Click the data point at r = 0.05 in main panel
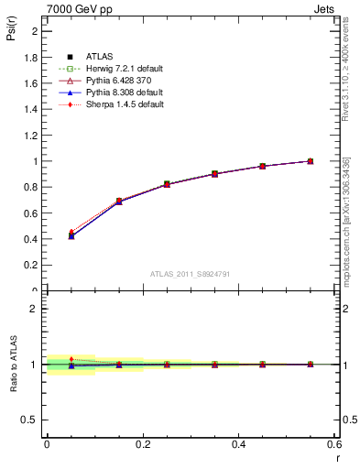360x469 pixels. (x=71, y=235)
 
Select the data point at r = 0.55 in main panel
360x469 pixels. (x=311, y=161)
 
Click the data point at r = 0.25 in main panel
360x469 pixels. (x=167, y=184)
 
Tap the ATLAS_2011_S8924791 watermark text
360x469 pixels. (x=190, y=274)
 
